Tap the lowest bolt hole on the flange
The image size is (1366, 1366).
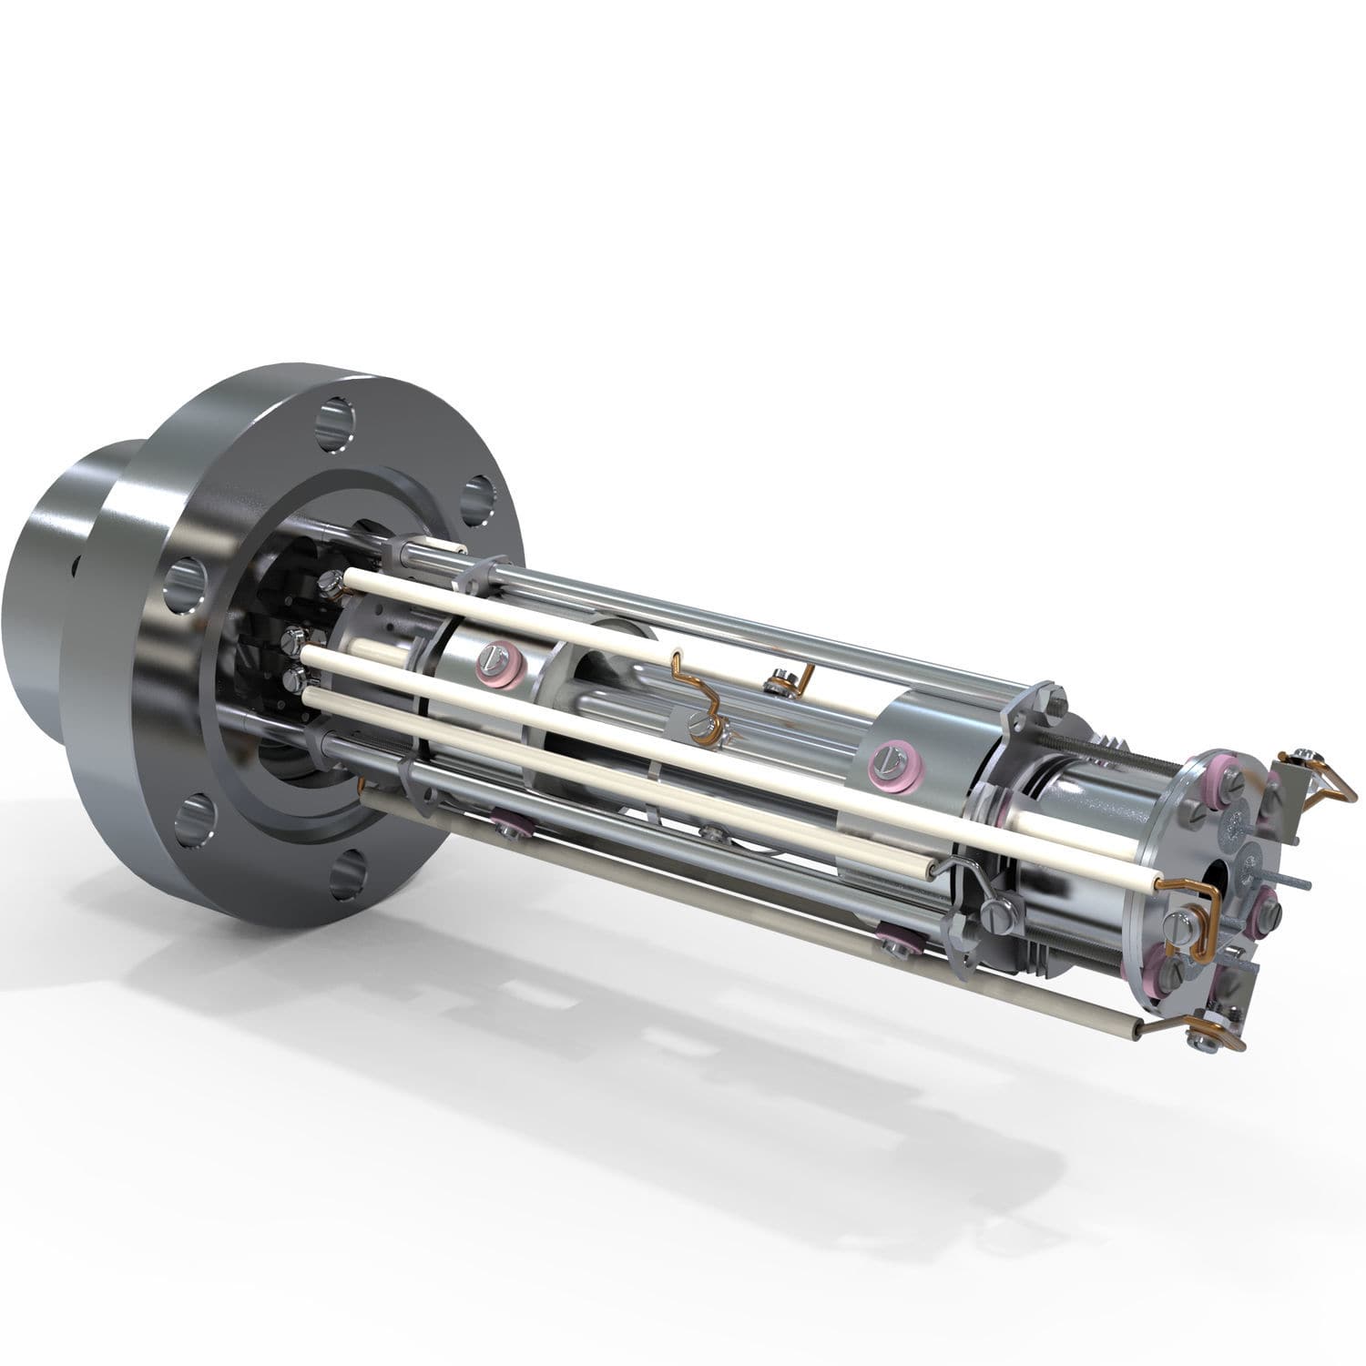(350, 872)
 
